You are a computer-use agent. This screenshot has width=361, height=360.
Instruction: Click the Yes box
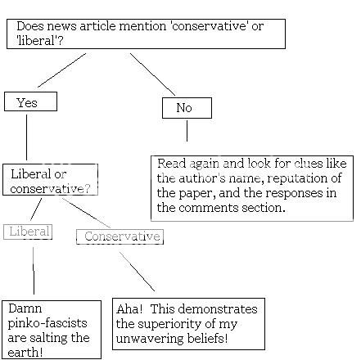click(30, 101)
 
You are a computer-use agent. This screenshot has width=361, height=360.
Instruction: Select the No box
click(187, 108)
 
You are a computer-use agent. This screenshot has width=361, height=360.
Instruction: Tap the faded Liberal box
click(28, 232)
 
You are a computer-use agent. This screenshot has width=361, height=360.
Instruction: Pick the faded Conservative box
click(120, 237)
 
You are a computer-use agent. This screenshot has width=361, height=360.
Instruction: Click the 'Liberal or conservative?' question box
click(50, 180)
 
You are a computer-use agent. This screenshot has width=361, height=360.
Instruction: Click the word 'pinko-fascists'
click(46, 324)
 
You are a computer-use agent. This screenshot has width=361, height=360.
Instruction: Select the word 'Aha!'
click(131, 309)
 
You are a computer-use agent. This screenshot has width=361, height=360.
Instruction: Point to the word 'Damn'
click(25, 309)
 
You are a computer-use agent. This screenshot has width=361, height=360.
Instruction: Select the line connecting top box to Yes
click(61, 70)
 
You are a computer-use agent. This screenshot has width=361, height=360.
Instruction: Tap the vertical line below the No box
click(187, 131)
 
